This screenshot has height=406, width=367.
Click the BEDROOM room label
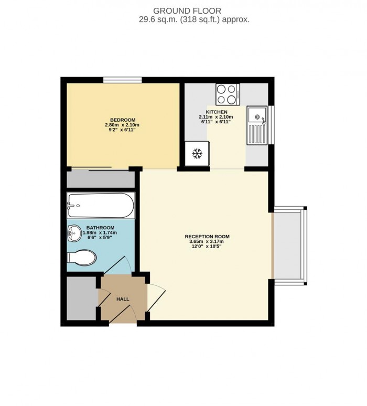pyautogui.click(x=122, y=119)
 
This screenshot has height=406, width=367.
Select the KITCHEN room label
pyautogui.click(x=216, y=113)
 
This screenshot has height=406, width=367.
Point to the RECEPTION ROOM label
pyautogui.click(x=207, y=237)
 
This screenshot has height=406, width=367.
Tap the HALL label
pyautogui.click(x=123, y=299)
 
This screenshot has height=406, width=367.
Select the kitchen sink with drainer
pyautogui.click(x=257, y=125)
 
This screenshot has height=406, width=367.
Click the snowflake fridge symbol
pyautogui.click(x=197, y=154)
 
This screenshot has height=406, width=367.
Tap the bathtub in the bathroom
pyautogui.click(x=101, y=206)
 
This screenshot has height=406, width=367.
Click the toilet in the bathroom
pyautogui.click(x=82, y=258)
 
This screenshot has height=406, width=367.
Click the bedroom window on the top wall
pyautogui.click(x=122, y=80)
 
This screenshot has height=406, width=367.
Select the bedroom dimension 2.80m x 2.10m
pyautogui.click(x=122, y=125)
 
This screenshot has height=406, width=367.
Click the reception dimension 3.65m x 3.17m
pyautogui.click(x=207, y=242)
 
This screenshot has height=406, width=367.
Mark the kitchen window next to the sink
pyautogui.click(x=271, y=124)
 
